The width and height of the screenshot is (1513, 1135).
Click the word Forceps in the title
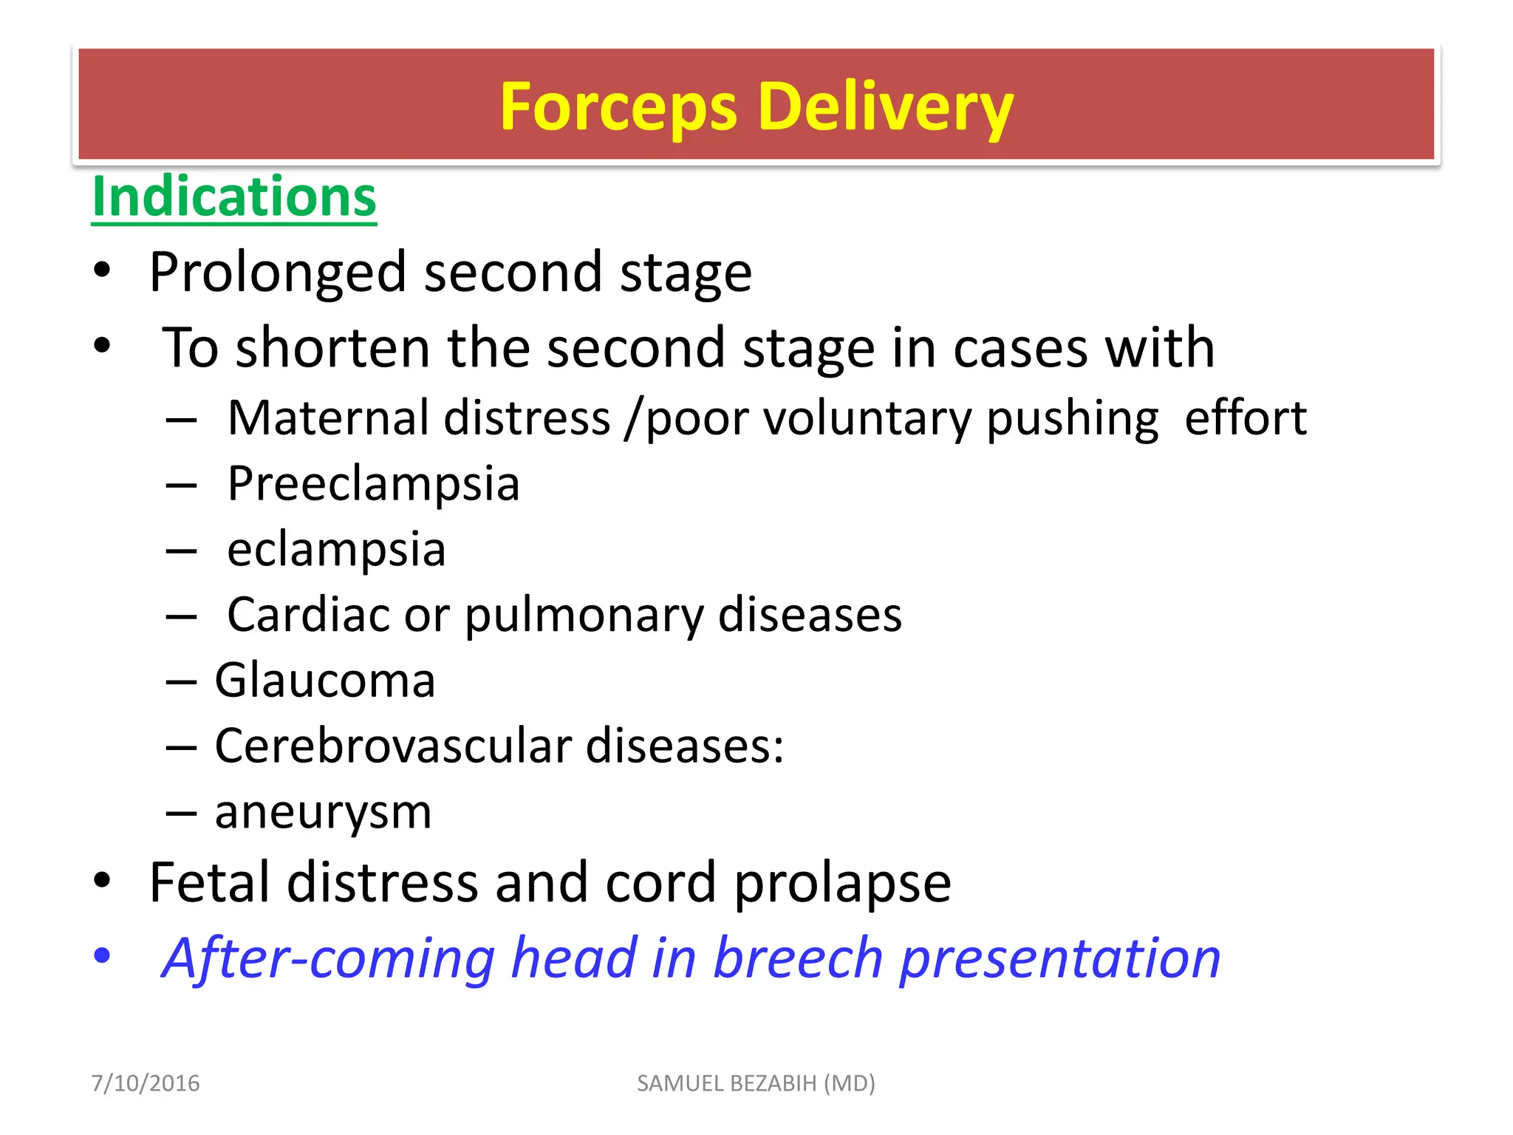(618, 107)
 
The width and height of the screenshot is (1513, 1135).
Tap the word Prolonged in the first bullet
(277, 273)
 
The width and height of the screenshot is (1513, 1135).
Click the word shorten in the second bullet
(332, 348)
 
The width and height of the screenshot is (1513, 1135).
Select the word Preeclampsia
(373, 484)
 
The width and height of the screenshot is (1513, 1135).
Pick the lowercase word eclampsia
(336, 550)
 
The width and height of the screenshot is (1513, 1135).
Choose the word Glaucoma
(324, 681)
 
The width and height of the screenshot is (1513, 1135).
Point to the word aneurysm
(323, 812)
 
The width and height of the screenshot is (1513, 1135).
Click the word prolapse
(842, 884)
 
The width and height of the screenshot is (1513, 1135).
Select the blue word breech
(798, 958)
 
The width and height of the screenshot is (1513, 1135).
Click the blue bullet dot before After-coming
(102, 955)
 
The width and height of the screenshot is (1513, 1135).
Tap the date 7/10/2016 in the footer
(146, 1083)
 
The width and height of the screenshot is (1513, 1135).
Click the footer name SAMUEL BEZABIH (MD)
(756, 1083)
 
